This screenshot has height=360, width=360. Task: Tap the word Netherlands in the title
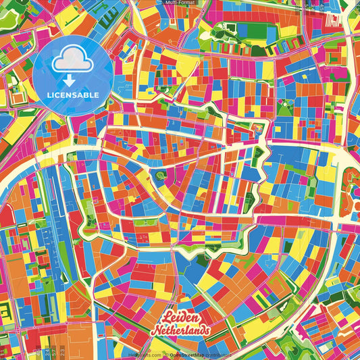(x=180, y=330)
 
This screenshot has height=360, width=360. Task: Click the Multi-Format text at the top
(x=180, y=3)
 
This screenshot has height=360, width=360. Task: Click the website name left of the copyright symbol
(x=145, y=354)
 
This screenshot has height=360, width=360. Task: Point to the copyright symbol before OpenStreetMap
(x=165, y=354)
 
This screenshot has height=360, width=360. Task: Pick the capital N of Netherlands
(x=155, y=330)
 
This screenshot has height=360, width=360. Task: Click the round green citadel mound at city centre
(x=160, y=176)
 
